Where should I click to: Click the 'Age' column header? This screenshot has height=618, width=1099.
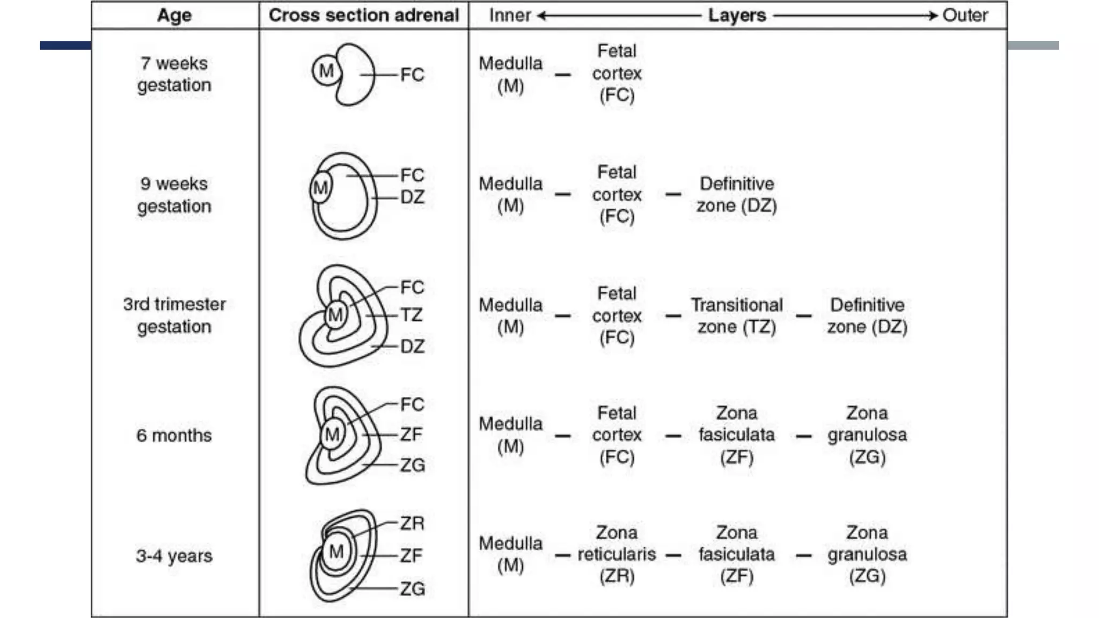[x=174, y=16]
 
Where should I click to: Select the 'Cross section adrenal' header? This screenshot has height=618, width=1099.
[x=364, y=16]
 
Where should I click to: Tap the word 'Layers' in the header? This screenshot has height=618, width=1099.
[x=737, y=16]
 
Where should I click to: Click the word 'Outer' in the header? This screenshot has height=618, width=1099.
[x=965, y=16]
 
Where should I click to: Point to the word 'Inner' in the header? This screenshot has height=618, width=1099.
[x=510, y=16]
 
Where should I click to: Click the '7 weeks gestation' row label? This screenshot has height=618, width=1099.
[x=174, y=74]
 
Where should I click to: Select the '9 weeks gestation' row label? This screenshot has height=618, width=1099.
[x=174, y=195]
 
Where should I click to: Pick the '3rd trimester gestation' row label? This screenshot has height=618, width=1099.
[x=174, y=315]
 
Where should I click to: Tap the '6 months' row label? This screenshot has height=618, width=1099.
[x=174, y=435]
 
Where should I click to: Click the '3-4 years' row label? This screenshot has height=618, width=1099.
[x=174, y=556]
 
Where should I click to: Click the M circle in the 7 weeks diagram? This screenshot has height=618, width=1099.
[x=326, y=71]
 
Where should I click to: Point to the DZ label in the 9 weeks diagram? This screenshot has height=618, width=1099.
[x=412, y=197]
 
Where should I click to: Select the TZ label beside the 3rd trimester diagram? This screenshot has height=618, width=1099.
[x=411, y=315]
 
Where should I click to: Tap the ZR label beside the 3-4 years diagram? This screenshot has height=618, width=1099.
[x=412, y=523]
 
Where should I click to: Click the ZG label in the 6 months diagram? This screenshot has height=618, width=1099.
[x=412, y=465]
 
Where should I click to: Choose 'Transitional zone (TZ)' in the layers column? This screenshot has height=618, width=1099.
[x=737, y=315]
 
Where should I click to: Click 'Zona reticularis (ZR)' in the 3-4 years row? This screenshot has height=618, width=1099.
[x=617, y=554]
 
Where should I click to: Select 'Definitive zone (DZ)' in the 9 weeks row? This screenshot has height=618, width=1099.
[x=737, y=195]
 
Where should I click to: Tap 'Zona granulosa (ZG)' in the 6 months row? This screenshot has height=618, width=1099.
[x=867, y=435]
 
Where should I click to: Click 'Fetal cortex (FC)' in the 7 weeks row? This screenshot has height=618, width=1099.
[x=617, y=73]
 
